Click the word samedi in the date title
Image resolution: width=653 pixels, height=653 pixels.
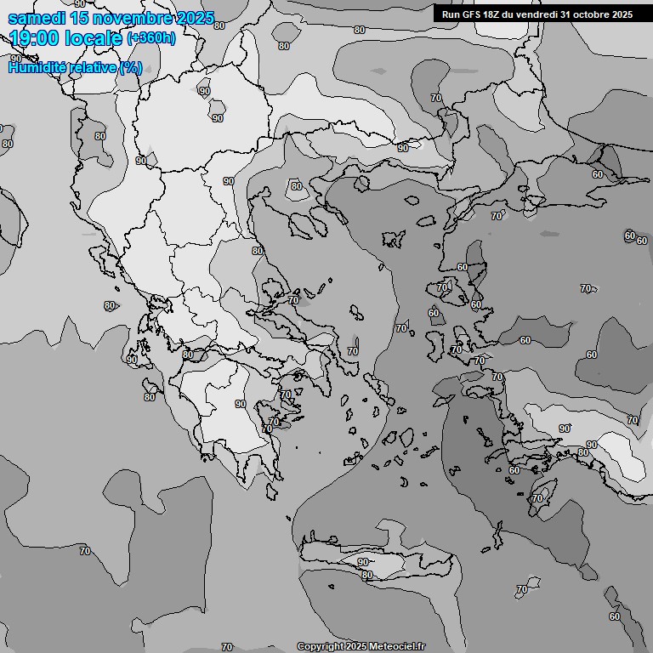(x=37, y=18)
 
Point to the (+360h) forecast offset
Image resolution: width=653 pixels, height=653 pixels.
(x=151, y=38)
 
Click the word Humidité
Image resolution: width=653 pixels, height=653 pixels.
(x=36, y=67)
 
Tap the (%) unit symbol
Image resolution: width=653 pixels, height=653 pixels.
(x=131, y=67)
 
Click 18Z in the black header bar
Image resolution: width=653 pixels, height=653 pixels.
(x=491, y=14)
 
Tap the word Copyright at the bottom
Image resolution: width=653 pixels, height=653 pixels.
(x=320, y=646)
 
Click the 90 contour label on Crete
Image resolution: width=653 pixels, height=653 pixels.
(x=363, y=562)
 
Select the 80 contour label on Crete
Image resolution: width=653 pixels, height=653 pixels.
(x=367, y=576)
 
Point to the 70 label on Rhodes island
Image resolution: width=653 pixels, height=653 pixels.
(x=537, y=498)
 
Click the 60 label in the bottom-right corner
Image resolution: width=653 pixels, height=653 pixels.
(x=614, y=616)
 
